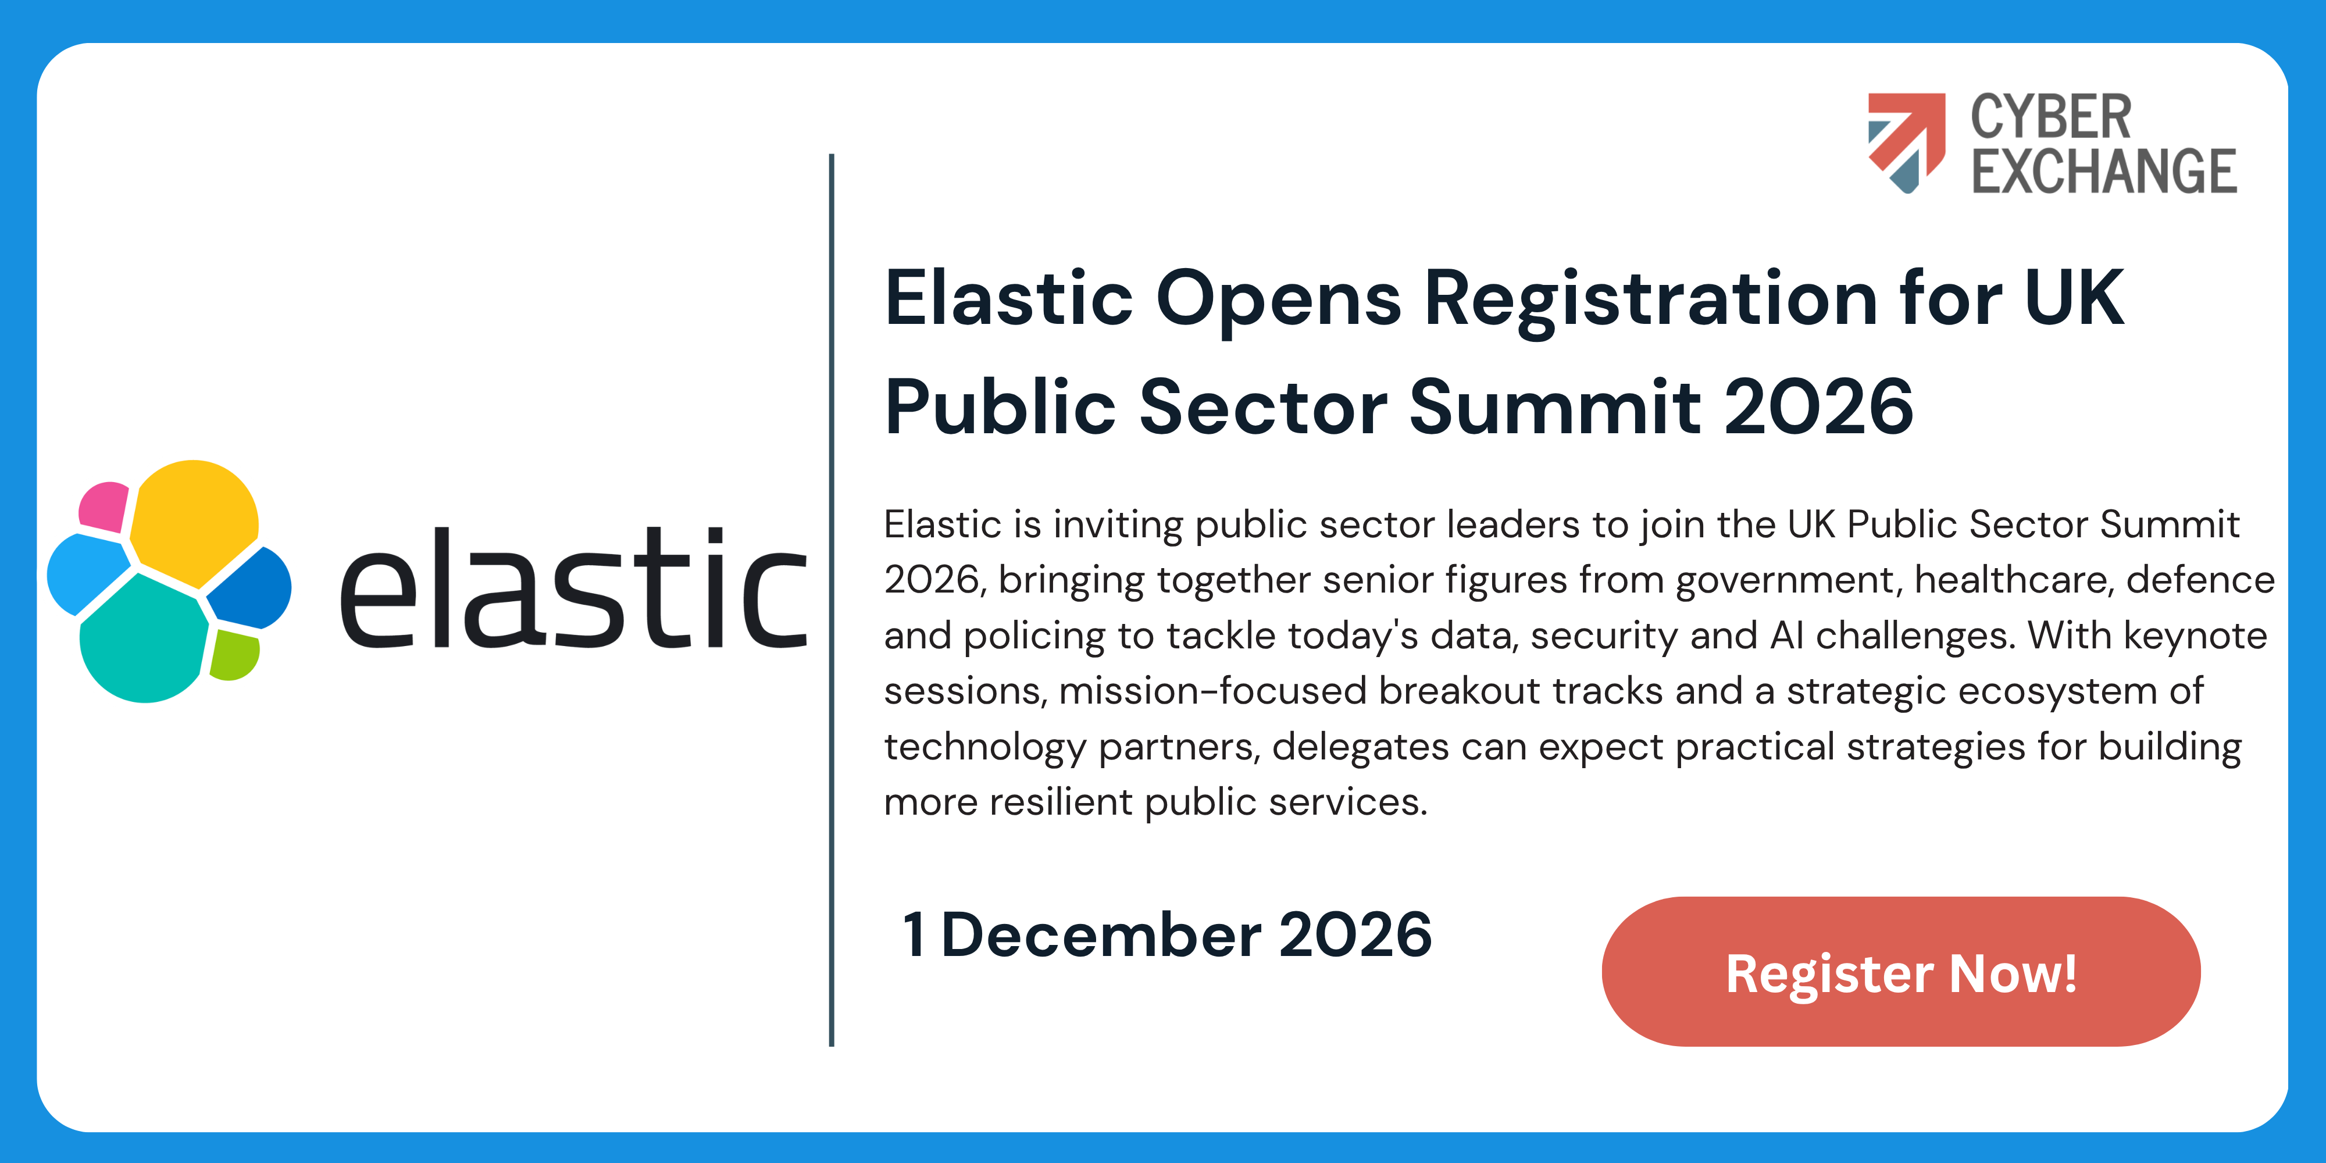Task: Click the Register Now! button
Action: click(1901, 972)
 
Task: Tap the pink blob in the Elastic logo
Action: click(104, 506)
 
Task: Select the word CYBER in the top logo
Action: click(2050, 117)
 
